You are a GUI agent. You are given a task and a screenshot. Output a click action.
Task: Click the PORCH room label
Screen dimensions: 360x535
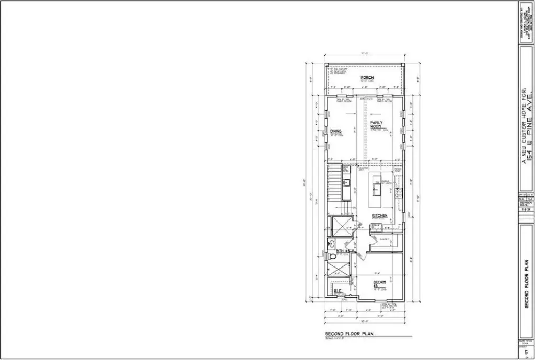(367, 78)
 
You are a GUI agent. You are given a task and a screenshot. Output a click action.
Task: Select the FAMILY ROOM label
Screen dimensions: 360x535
(377, 124)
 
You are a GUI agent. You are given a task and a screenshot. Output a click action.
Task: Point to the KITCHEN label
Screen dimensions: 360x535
(379, 215)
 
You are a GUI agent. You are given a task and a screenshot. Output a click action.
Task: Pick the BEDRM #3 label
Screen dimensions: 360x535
(379, 284)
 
